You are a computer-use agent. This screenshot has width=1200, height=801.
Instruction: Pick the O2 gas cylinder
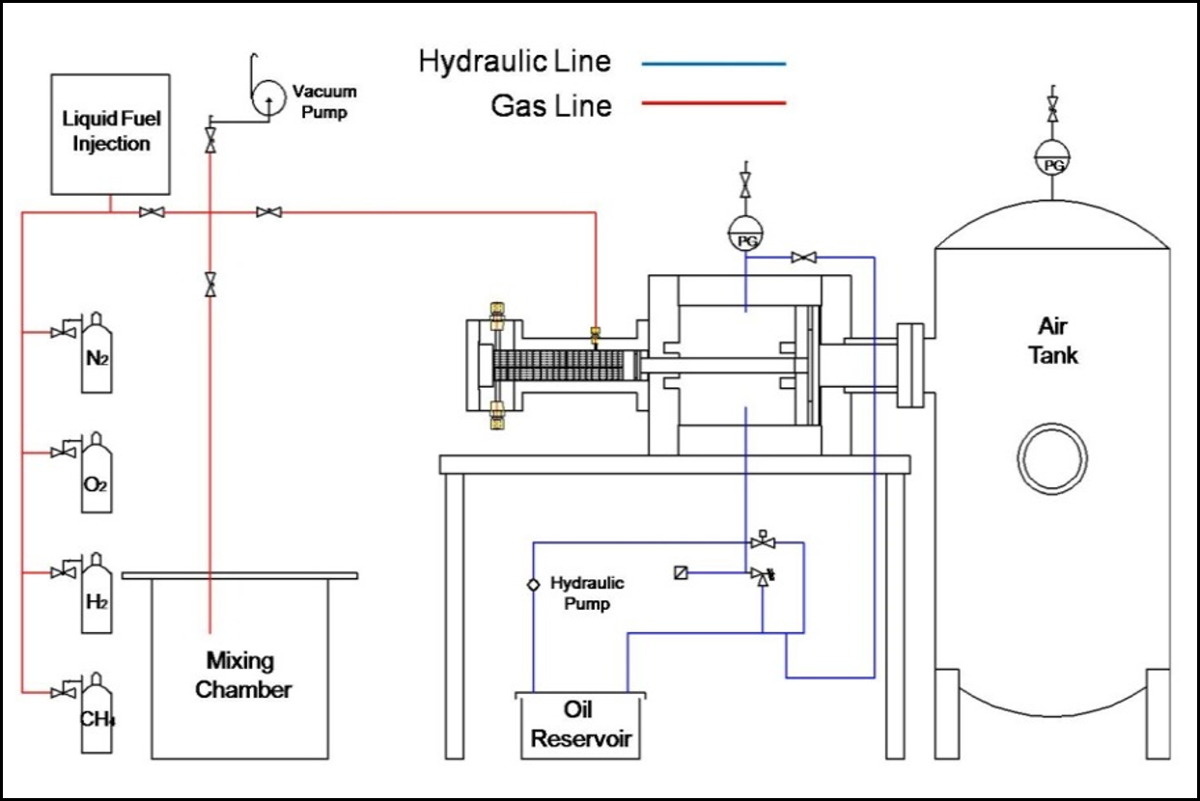click(96, 472)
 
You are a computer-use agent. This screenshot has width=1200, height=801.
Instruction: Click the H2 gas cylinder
click(96, 593)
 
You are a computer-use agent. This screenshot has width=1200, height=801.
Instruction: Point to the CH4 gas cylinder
click(97, 711)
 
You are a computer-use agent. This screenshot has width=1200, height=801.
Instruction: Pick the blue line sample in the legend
click(712, 64)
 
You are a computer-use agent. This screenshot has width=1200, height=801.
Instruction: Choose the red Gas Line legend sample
click(712, 103)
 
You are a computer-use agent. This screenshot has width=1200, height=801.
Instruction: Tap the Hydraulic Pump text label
click(587, 594)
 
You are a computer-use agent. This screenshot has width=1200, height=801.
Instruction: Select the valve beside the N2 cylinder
click(65, 332)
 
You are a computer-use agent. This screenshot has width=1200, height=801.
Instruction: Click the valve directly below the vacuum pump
click(210, 142)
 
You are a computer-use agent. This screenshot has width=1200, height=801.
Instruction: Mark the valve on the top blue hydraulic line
click(803, 258)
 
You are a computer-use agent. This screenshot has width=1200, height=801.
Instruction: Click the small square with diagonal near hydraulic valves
click(682, 573)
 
